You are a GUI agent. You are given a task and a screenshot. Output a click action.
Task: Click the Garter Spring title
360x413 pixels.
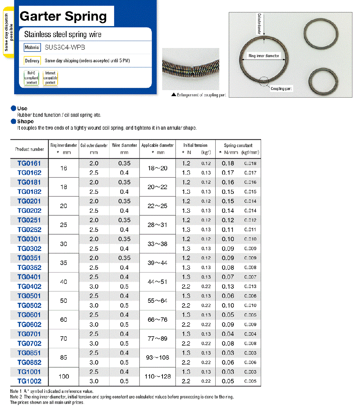click(x=63, y=16)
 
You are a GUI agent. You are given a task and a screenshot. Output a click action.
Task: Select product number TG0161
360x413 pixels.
click(x=29, y=163)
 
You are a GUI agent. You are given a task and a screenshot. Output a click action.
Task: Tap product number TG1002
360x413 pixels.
click(x=29, y=381)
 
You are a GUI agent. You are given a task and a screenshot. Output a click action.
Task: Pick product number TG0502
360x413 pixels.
click(x=29, y=305)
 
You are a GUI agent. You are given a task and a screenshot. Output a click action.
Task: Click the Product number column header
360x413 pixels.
click(x=29, y=149)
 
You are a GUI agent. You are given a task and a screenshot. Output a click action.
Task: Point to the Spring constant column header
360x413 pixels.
click(x=238, y=145)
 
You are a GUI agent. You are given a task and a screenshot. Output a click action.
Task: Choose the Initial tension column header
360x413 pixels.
click(x=195, y=145)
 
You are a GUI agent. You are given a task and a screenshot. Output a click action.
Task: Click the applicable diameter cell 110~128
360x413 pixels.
click(x=158, y=377)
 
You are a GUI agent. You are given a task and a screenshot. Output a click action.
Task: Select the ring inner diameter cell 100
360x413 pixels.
click(x=64, y=377)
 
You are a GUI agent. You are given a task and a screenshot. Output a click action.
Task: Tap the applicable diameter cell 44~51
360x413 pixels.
click(x=158, y=282)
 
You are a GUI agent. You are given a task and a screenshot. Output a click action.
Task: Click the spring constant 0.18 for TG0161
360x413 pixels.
click(x=228, y=163)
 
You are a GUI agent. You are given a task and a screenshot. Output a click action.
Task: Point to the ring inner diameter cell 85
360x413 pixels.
click(x=64, y=357)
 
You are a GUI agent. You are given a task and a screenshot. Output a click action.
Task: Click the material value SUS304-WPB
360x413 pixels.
click(x=65, y=48)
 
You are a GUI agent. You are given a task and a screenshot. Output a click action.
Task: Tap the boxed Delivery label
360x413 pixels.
click(x=32, y=61)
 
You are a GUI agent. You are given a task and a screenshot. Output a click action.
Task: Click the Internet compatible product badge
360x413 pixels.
click(x=50, y=78)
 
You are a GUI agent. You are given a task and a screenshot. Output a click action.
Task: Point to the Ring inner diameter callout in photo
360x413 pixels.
click(x=264, y=56)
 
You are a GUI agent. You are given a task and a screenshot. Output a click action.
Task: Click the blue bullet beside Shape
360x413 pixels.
click(x=13, y=122)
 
